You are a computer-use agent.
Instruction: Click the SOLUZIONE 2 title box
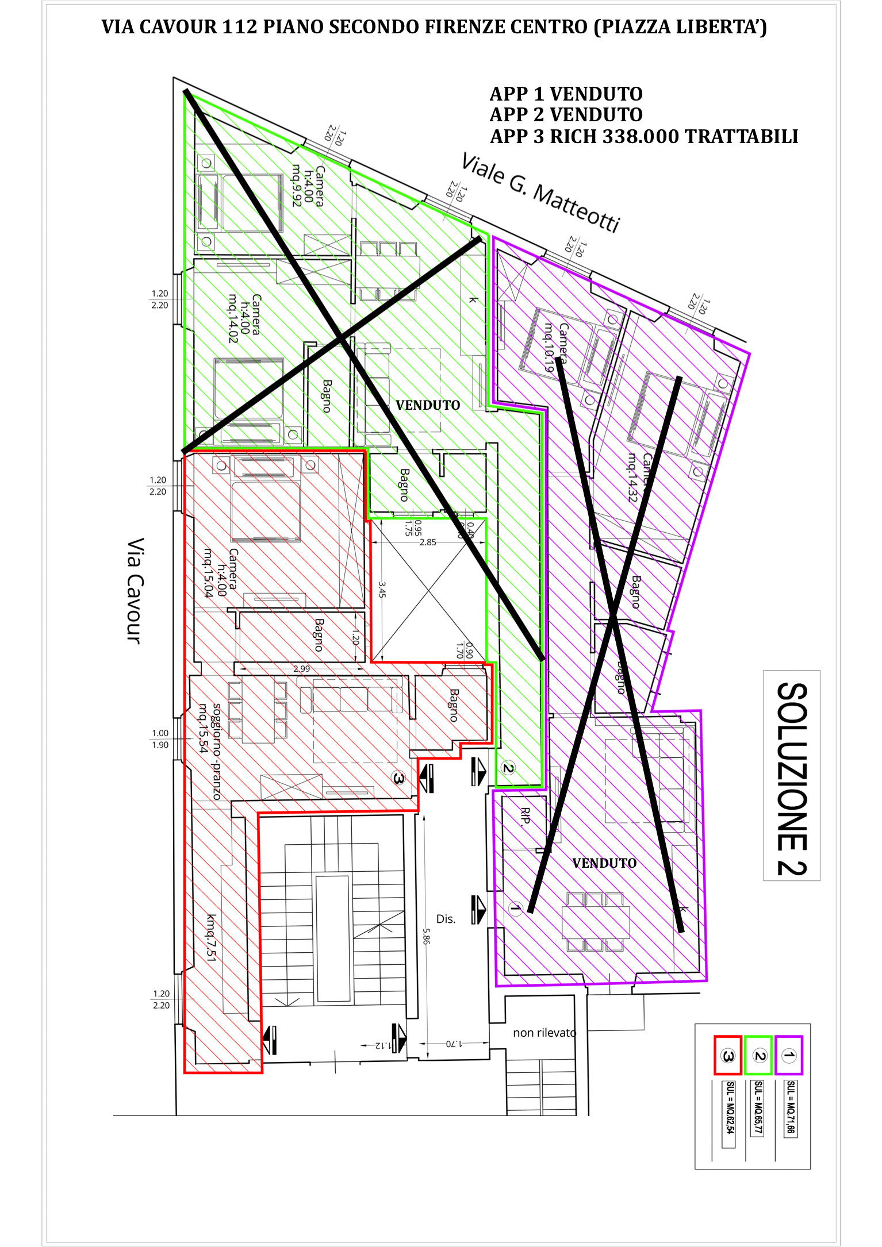tap(792, 776)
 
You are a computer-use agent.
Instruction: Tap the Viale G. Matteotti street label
tap(541, 193)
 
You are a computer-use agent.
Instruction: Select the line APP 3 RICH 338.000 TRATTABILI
tap(643, 137)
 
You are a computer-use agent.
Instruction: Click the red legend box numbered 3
tap(727, 1055)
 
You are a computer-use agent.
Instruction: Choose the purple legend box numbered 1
tap(789, 1055)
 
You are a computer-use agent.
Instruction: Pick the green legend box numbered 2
tap(758, 1055)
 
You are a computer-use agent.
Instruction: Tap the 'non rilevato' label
tap(544, 1033)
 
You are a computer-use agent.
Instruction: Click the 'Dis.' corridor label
tap(446, 919)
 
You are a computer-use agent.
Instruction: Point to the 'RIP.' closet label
tap(524, 817)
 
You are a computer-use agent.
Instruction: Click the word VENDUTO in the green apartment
tap(428, 405)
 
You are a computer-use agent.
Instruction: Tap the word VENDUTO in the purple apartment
tap(604, 863)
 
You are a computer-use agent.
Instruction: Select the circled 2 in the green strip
tap(508, 768)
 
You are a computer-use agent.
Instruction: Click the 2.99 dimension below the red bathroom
tap(301, 669)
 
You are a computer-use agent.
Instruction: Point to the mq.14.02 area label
tap(232, 319)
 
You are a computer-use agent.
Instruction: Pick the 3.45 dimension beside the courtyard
tap(382, 589)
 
